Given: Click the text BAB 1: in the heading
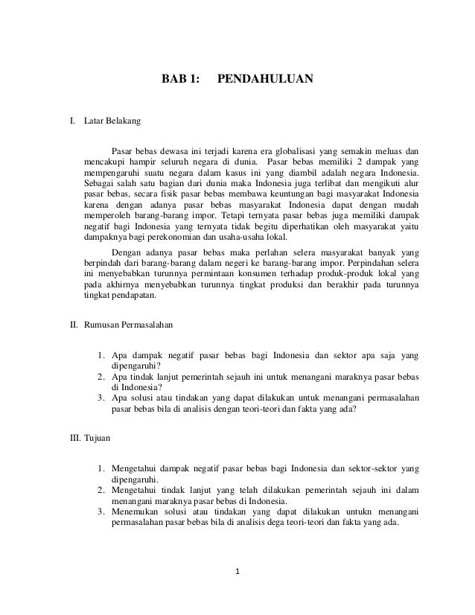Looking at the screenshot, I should coord(182,77).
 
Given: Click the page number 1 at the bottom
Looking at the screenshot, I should coord(238,572).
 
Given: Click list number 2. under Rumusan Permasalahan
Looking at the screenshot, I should coord(101,377).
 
